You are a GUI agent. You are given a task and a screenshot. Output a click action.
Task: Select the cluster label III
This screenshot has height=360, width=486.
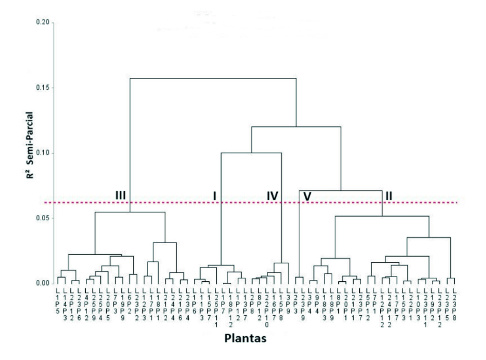pyautogui.click(x=121, y=196)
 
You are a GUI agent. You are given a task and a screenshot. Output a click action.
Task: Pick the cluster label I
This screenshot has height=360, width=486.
pyautogui.click(x=214, y=196)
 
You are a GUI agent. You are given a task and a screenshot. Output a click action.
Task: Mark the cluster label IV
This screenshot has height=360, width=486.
pyautogui.click(x=272, y=196)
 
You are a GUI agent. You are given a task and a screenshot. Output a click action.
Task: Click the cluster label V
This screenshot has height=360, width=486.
pyautogui.click(x=307, y=196)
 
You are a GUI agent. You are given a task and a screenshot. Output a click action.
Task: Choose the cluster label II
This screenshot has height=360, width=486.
pyautogui.click(x=388, y=196)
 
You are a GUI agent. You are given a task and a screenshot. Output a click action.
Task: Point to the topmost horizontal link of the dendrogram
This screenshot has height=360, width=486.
pyautogui.click(x=212, y=78)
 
